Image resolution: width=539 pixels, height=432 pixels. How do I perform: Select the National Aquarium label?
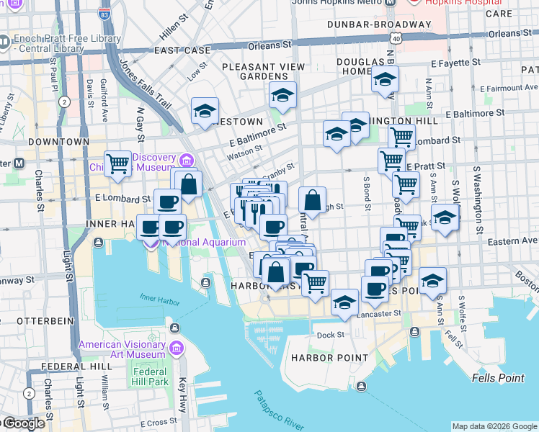pyautogui.click(x=204, y=243)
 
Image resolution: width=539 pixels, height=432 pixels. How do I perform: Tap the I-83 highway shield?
pyautogui.click(x=106, y=14)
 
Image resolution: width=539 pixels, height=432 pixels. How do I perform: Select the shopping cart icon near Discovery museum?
pyautogui.click(x=117, y=164)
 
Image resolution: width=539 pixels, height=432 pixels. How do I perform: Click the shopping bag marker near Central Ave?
pyautogui.click(x=312, y=200)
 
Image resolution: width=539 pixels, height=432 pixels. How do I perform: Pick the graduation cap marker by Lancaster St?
pyautogui.click(x=345, y=302)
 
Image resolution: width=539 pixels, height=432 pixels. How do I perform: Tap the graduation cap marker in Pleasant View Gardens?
pyautogui.click(x=283, y=95)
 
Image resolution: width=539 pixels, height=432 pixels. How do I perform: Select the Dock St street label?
pyautogui.click(x=331, y=335)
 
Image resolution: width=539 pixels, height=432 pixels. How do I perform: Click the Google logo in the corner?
pyautogui.click(x=23, y=423)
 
